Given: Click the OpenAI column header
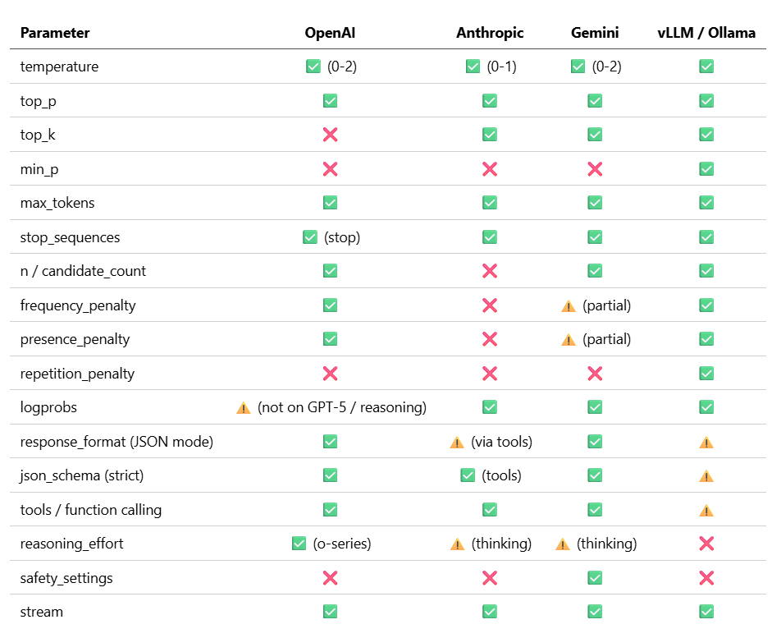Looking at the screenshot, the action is click(x=330, y=33).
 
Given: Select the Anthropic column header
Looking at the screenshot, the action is click(x=490, y=33).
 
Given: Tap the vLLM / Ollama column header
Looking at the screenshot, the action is click(x=706, y=33).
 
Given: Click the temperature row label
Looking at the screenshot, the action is click(x=59, y=67).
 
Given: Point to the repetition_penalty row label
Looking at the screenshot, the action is click(x=77, y=374).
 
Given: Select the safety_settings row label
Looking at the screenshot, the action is click(x=66, y=578).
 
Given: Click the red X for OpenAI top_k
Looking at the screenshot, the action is click(x=331, y=135).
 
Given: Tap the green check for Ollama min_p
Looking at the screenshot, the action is click(x=706, y=169).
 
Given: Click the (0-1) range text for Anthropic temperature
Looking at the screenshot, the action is click(x=502, y=67).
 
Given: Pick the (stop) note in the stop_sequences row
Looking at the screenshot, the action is click(x=342, y=237).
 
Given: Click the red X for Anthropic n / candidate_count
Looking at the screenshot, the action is click(x=490, y=271).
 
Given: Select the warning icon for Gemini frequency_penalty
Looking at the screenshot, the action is click(x=569, y=306).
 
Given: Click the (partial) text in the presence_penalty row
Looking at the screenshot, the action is click(x=606, y=339).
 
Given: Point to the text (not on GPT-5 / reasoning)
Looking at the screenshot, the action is click(x=342, y=407).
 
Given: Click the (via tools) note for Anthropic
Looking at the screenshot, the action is click(x=502, y=442).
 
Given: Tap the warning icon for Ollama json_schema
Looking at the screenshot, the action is click(x=706, y=476).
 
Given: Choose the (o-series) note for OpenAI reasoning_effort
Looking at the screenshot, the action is click(x=342, y=544).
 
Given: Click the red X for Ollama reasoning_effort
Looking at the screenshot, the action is click(x=706, y=544).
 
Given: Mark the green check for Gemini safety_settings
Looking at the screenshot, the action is click(x=595, y=578).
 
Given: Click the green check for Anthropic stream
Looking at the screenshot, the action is click(x=490, y=612).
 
